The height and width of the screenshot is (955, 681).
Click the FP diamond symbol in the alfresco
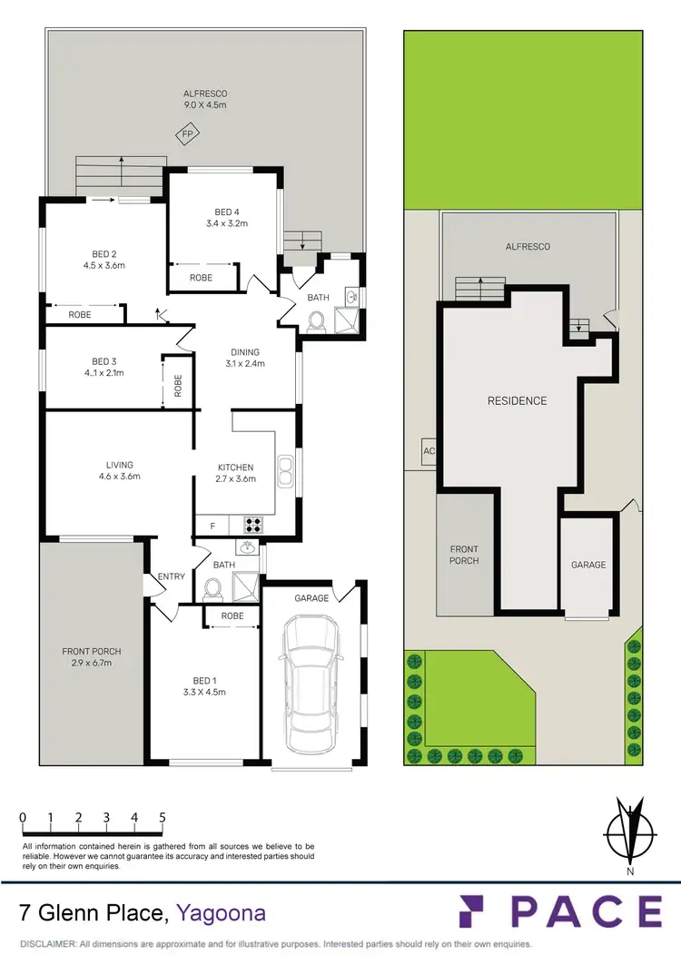point(188,134)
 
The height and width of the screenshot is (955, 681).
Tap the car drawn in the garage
point(312,684)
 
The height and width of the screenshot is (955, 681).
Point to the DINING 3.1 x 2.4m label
point(245,358)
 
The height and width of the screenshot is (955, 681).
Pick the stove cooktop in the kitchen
point(252,524)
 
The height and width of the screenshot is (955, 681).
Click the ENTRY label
point(172,576)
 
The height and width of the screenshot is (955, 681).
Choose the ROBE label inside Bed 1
point(232,615)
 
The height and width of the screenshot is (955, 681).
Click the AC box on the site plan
point(429,450)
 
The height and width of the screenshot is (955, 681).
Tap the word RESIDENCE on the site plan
point(517,400)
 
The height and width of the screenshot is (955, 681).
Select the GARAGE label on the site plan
point(587,565)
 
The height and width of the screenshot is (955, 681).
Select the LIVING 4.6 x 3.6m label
point(119,469)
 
